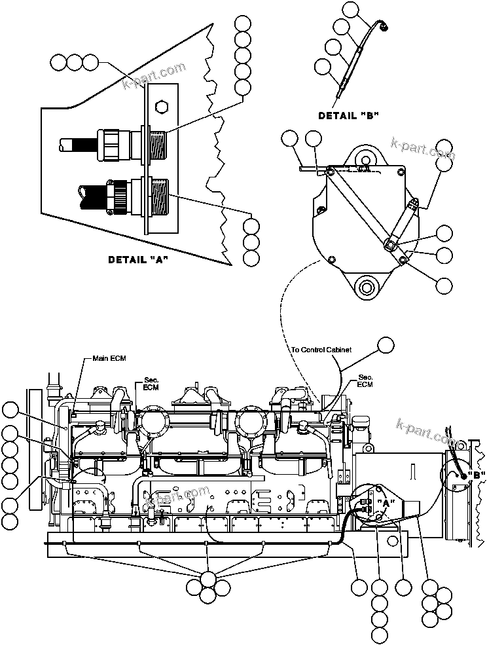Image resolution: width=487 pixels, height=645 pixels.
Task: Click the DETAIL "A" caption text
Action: [138, 259]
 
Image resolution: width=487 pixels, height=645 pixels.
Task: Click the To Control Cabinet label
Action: [321, 350]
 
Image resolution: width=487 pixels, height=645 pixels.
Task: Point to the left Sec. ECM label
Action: [151, 384]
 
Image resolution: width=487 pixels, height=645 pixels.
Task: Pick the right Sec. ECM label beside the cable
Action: [365, 381]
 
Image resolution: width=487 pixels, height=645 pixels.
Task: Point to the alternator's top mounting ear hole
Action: [365, 157]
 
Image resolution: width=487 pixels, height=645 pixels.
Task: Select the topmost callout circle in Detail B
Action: [352, 9]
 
